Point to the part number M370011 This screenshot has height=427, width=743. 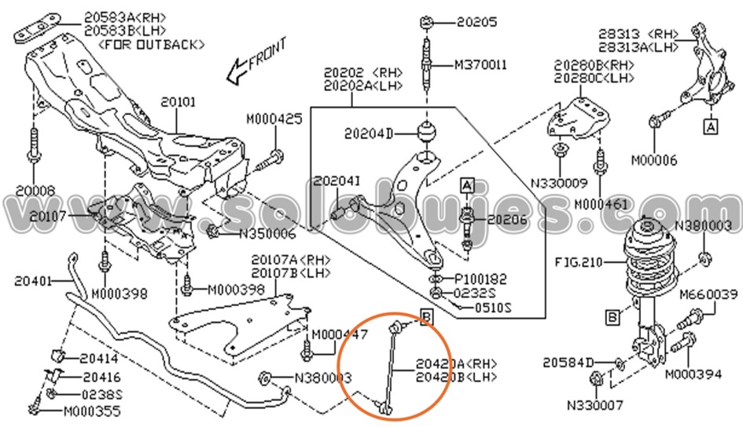(x=480, y=64)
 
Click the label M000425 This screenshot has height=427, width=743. (x=274, y=119)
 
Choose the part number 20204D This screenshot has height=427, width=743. (x=368, y=133)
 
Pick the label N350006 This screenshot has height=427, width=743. (x=267, y=233)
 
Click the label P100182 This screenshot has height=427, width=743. (x=481, y=279)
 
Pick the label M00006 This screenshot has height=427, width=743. (x=654, y=160)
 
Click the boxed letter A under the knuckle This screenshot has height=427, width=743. (x=710, y=125)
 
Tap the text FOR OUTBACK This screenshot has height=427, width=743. (x=151, y=45)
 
